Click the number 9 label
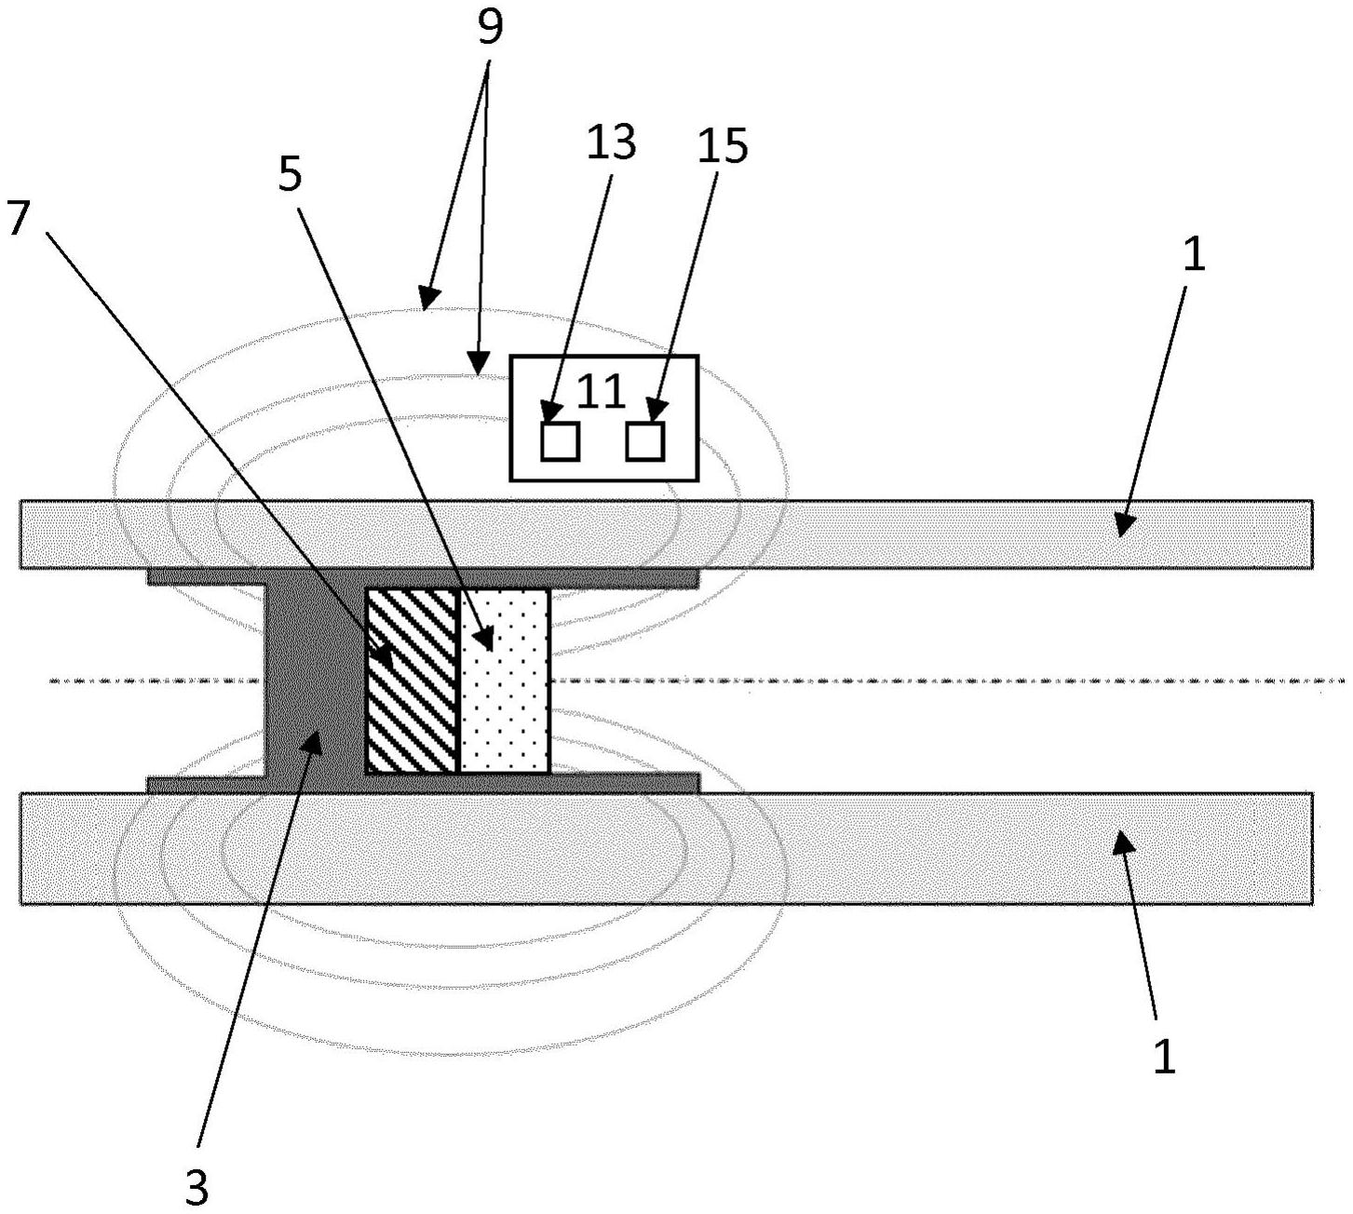(489, 28)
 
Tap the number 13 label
(610, 142)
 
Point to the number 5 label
(290, 173)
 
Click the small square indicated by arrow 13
(560, 441)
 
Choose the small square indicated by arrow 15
(645, 441)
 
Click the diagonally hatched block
(413, 681)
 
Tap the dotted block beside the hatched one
(505, 681)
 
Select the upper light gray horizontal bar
(666, 534)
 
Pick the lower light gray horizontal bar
(666, 848)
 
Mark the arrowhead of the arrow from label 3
(313, 742)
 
